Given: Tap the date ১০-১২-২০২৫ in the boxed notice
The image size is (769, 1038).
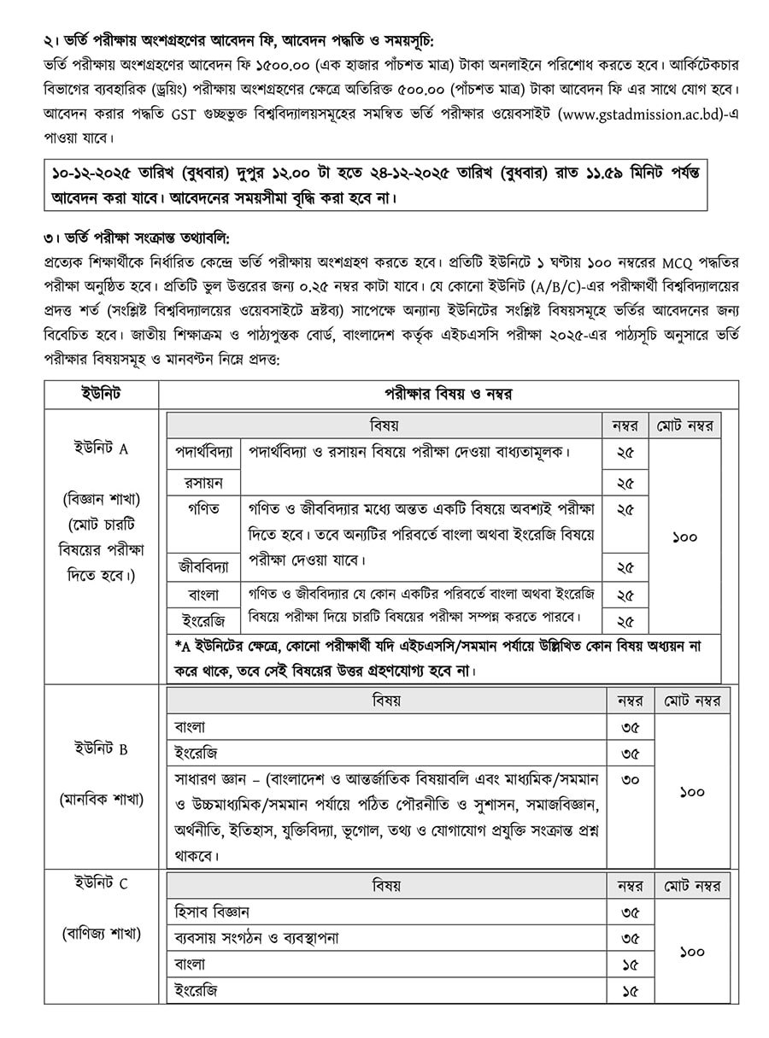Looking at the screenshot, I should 102,173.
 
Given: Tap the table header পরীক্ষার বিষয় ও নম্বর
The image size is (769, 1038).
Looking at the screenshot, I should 449,393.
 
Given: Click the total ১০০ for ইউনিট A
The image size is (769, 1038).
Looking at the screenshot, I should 684,537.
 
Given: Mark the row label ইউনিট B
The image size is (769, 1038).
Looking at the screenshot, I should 101,749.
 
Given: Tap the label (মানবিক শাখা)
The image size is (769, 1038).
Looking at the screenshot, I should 101,799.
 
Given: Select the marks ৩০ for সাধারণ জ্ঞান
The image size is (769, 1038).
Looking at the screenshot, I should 631,780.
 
